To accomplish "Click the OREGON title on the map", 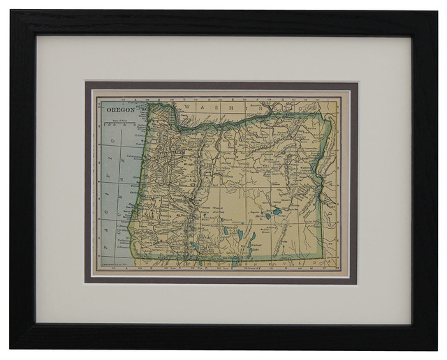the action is [119, 110].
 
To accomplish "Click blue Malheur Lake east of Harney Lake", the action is [278, 210].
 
